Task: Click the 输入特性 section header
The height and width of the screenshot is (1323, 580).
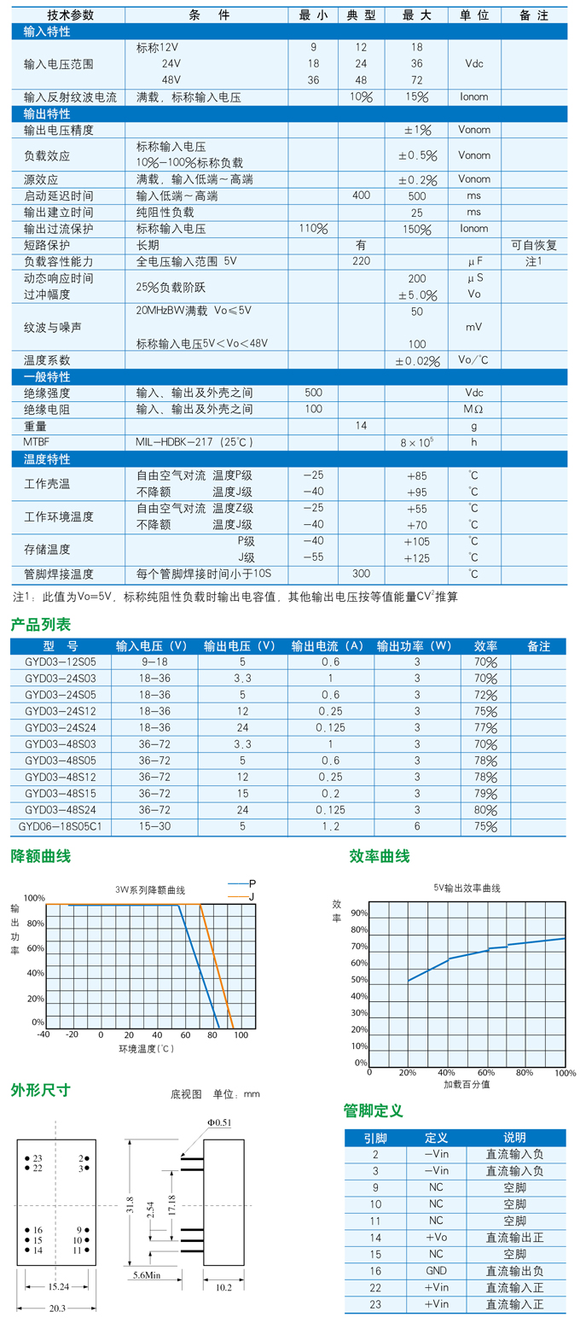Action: (x=48, y=32)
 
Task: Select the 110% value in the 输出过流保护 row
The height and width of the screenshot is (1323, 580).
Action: (x=313, y=229)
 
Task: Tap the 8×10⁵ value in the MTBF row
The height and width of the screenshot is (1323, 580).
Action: (x=416, y=442)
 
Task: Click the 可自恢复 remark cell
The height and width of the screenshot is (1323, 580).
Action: (x=534, y=245)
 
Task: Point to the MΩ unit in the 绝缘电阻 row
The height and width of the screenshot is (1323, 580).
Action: (x=473, y=410)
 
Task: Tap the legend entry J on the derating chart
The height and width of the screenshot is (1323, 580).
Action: (x=252, y=895)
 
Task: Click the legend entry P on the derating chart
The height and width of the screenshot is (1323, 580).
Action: (x=252, y=883)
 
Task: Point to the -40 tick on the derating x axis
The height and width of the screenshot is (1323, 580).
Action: (x=43, y=1035)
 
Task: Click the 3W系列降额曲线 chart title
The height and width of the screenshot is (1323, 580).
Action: (x=150, y=889)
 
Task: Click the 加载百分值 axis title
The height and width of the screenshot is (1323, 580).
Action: (x=467, y=1085)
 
